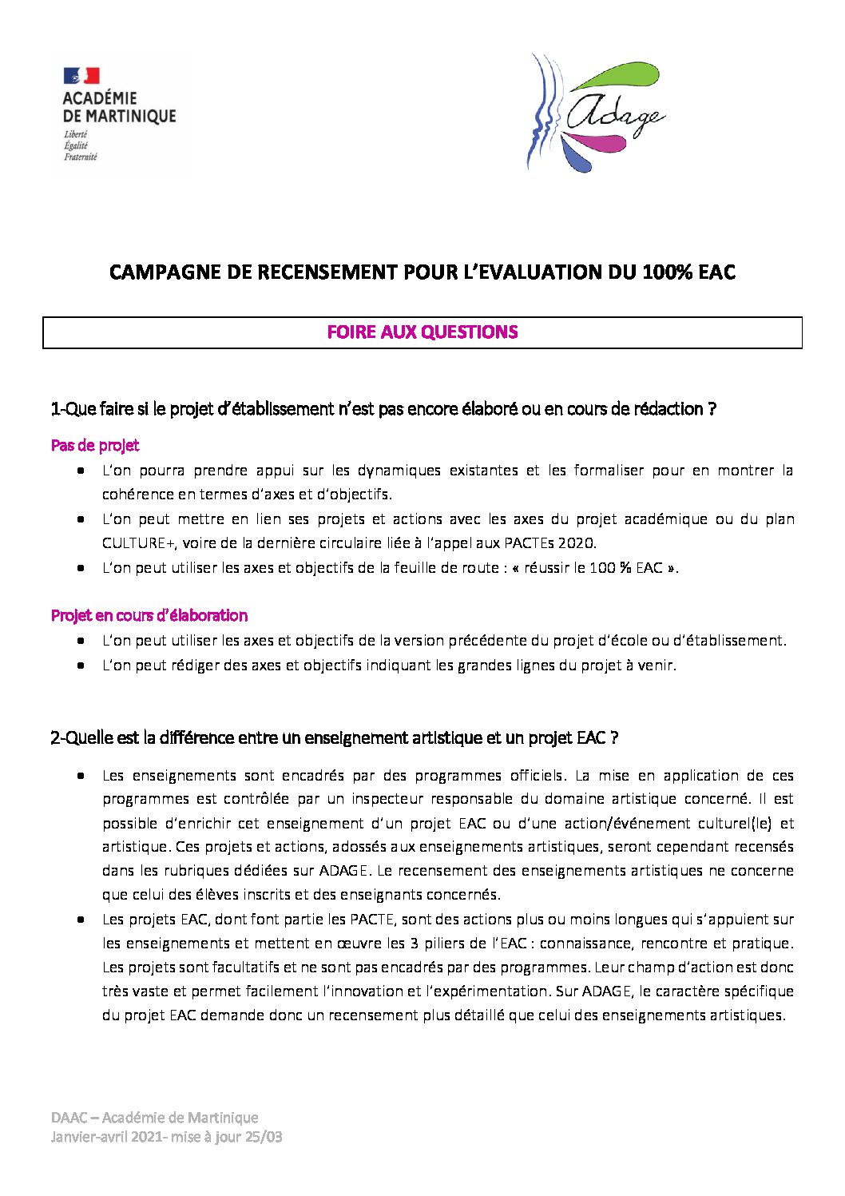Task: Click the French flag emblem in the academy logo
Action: point(81,76)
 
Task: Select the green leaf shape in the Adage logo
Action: point(627,77)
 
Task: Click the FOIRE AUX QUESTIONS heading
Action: point(422,332)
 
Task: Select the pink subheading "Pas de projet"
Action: point(95,445)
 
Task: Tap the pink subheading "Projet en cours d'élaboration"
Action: point(149,615)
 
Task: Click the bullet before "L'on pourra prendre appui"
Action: point(81,471)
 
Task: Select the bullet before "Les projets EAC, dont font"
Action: point(81,920)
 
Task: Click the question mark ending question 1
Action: point(711,409)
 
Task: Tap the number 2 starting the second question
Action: point(54,738)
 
